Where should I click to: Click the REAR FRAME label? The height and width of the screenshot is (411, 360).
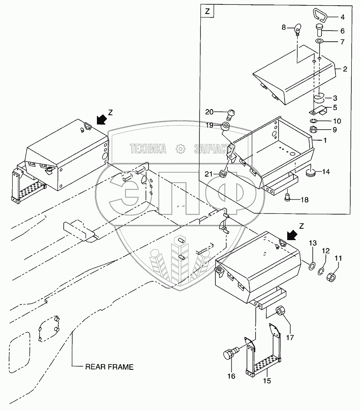click(110, 367)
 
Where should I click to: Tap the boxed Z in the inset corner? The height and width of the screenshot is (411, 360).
click(207, 11)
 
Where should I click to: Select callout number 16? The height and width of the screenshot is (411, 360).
click(231, 376)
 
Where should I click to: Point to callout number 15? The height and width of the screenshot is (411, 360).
click(267, 381)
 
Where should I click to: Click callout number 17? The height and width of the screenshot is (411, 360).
click(290, 337)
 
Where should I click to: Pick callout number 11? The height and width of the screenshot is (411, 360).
click(338, 259)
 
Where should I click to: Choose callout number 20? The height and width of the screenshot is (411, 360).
click(209, 112)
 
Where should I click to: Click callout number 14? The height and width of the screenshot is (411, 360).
click(326, 172)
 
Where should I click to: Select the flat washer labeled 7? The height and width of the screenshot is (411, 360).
click(319, 42)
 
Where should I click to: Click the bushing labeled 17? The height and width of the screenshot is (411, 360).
click(281, 312)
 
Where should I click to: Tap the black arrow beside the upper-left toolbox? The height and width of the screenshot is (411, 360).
click(101, 120)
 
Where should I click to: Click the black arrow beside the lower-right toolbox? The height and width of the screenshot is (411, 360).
click(292, 235)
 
